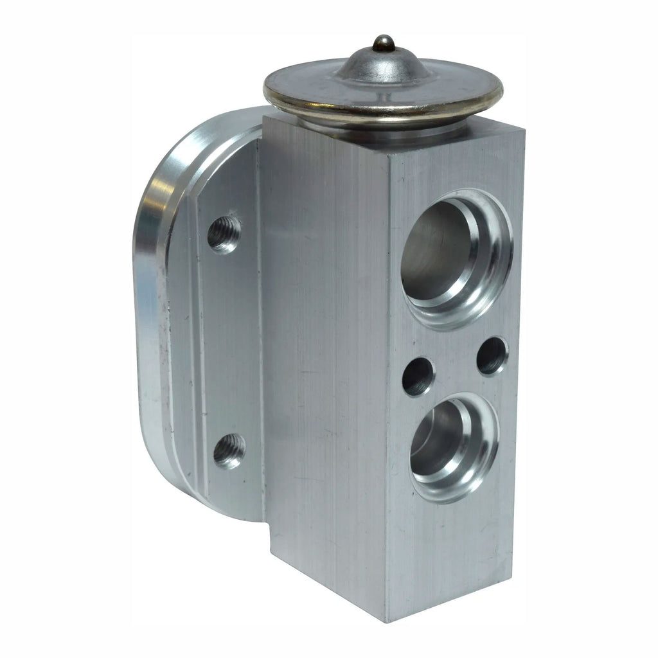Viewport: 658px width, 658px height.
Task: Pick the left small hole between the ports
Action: [418, 377]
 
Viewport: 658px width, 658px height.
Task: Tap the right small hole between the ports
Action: [492, 355]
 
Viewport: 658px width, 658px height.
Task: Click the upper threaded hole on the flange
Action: [224, 234]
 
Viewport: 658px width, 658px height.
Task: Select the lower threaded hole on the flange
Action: [229, 450]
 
